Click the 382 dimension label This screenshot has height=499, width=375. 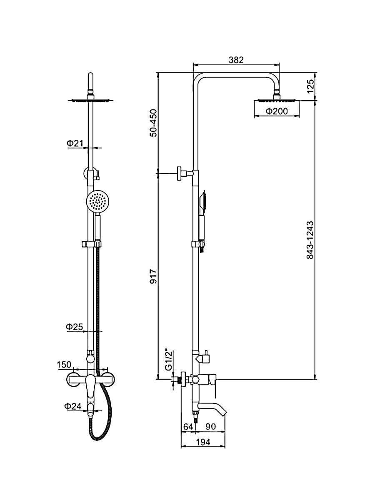(236, 60)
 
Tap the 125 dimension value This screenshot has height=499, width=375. (310, 86)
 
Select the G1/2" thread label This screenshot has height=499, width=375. (168, 360)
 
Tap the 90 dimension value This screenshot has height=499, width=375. (210, 426)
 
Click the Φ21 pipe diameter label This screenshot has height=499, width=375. (75, 143)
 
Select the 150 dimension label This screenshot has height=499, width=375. (64, 364)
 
